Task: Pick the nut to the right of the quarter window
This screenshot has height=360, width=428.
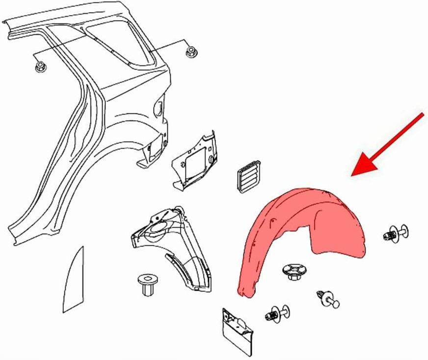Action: pyautogui.click(x=190, y=52)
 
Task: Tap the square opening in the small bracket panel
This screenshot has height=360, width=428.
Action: pyautogui.click(x=190, y=162)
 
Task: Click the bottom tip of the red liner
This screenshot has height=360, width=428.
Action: pyautogui.click(x=241, y=293)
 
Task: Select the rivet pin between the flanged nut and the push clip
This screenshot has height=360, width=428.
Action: pyautogui.click(x=329, y=299)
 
